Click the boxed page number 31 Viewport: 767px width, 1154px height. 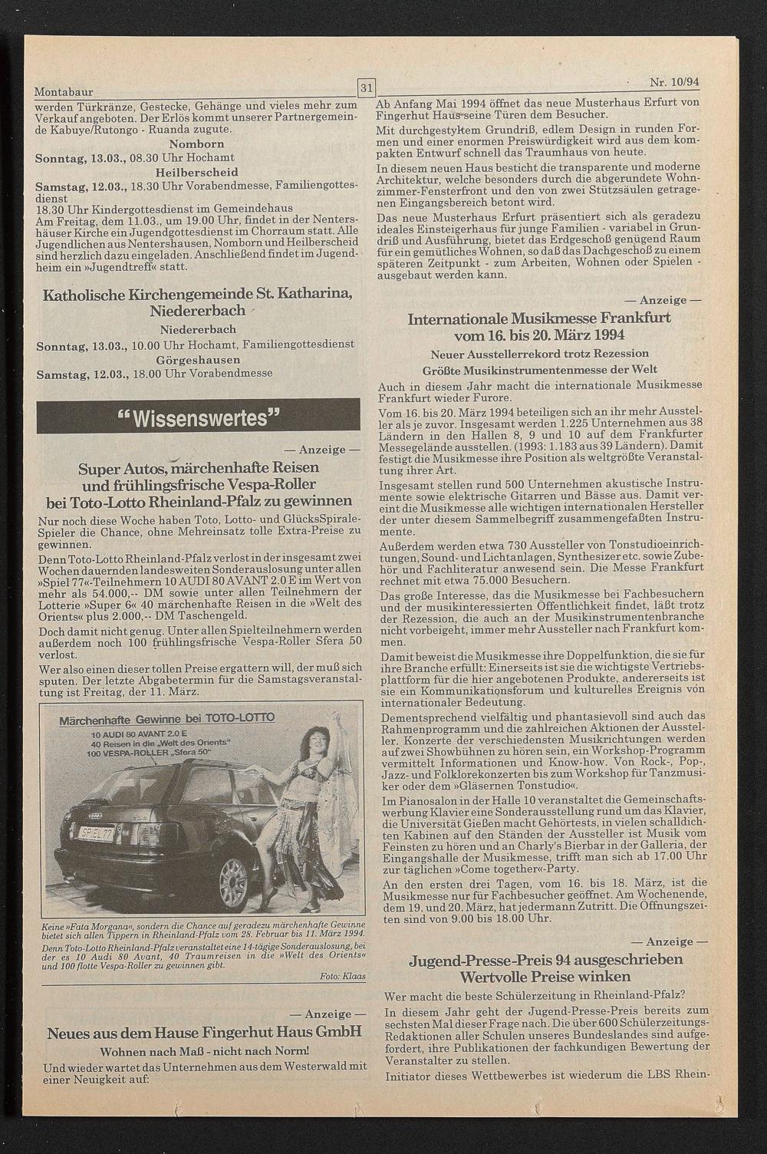pyautogui.click(x=365, y=87)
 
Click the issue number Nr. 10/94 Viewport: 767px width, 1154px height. pyautogui.click(x=679, y=82)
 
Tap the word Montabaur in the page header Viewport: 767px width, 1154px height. pyautogui.click(x=64, y=91)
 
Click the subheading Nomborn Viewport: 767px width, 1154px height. pyautogui.click(x=196, y=144)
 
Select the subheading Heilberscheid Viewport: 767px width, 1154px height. pyautogui.click(x=196, y=172)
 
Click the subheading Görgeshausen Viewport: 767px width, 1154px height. pyautogui.click(x=198, y=360)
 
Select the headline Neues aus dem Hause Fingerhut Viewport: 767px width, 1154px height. pyautogui.click(x=204, y=1033)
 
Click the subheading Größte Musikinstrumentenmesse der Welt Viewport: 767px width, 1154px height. pyautogui.click(x=540, y=370)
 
